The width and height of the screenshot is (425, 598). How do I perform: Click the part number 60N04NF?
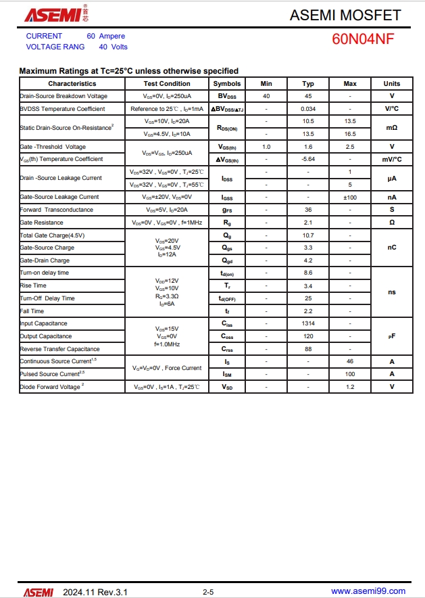[x=363, y=39]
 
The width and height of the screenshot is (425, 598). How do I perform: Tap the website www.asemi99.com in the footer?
[x=368, y=591]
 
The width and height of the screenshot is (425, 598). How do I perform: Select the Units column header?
[x=392, y=84]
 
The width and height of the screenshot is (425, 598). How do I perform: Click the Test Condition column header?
[x=167, y=84]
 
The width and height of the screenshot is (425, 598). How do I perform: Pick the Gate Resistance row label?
[x=42, y=223]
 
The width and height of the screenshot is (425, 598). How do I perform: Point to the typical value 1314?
[x=308, y=323]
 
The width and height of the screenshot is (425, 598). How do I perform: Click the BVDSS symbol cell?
[x=227, y=96]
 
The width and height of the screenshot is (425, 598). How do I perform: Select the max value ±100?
[x=350, y=197]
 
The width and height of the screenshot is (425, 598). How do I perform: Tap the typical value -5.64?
[x=308, y=159]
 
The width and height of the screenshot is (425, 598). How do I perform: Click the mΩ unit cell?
[x=392, y=127]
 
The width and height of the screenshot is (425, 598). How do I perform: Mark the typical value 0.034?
[x=308, y=109]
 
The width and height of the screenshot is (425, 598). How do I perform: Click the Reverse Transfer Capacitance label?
[x=59, y=349]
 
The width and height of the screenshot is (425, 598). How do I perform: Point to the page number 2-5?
[x=208, y=592]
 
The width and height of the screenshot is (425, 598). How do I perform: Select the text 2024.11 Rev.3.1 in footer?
[x=95, y=592]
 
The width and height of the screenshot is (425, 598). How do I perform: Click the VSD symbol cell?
[x=227, y=387]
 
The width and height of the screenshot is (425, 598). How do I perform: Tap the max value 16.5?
[x=350, y=134]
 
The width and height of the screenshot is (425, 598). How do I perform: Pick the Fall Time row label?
[x=32, y=311]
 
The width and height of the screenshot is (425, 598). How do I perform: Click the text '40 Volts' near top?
[x=113, y=47]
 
